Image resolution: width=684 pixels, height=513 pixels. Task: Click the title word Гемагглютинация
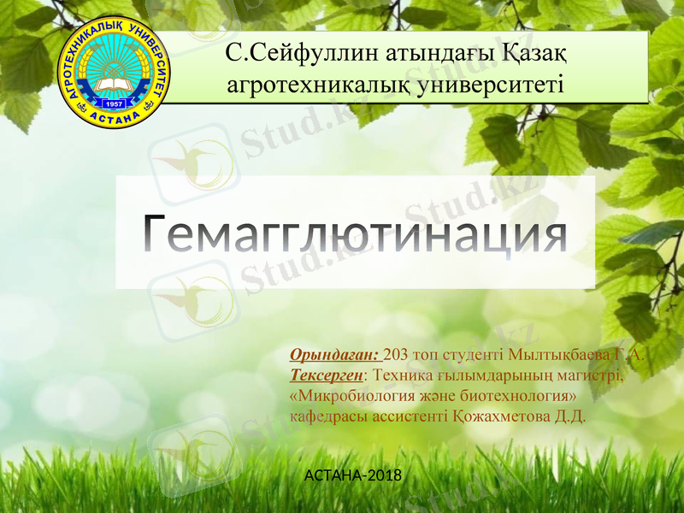tap(354, 232)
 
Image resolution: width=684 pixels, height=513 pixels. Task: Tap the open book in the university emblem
tap(114, 85)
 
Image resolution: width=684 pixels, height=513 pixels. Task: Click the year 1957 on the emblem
tap(114, 104)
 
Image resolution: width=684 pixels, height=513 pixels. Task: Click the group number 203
tap(397, 355)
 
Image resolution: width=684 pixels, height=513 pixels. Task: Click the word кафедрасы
tap(325, 417)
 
